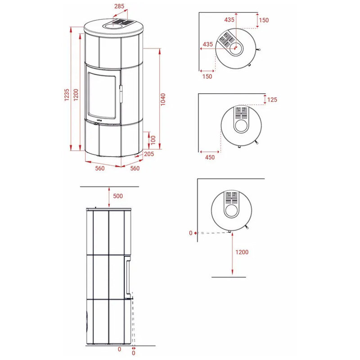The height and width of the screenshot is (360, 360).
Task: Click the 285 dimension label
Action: pyautogui.click(x=119, y=6)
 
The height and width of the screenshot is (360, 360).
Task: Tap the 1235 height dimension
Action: pyautogui.click(x=67, y=95)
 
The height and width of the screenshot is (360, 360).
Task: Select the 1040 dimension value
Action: pyautogui.click(x=163, y=99)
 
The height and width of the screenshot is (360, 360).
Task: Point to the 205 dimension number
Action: pyautogui.click(x=149, y=154)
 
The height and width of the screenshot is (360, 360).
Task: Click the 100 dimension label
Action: pyautogui.click(x=153, y=140)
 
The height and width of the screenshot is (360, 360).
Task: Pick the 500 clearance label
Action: pyautogui.click(x=118, y=196)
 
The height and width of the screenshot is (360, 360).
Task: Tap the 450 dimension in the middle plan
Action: pyautogui.click(x=210, y=157)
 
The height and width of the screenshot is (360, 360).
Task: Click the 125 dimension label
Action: pyautogui.click(x=272, y=99)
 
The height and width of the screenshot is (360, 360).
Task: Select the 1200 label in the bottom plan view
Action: pyautogui.click(x=242, y=252)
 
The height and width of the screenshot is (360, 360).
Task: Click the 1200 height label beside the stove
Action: pyautogui.click(x=76, y=95)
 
